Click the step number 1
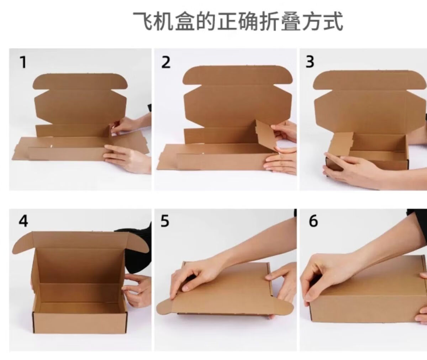(x=23, y=62)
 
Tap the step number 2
(x=166, y=62)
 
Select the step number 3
(x=310, y=62)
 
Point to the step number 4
(x=23, y=221)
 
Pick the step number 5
(x=165, y=221)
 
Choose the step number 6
(x=313, y=221)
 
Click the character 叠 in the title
(x=291, y=21)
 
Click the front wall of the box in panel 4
(x=79, y=322)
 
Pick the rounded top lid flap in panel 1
(x=80, y=81)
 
